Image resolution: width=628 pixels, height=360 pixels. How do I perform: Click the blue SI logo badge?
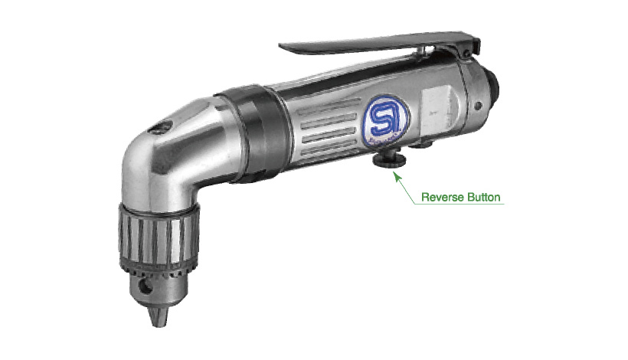(386, 119)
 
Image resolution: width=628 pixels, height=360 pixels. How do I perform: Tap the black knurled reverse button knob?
(389, 160)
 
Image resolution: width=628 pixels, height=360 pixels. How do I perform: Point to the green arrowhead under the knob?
(397, 177)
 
